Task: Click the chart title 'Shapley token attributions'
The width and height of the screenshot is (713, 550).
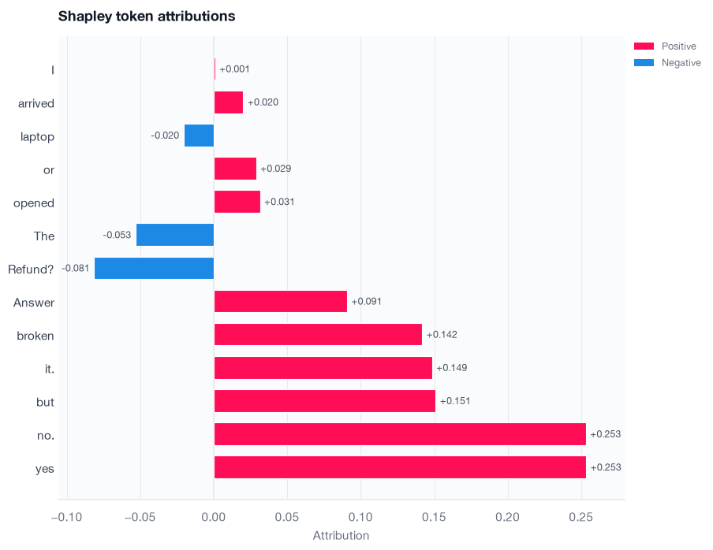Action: click(x=147, y=17)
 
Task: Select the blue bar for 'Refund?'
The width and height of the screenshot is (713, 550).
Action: click(x=154, y=268)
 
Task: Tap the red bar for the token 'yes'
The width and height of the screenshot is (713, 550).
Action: click(x=400, y=467)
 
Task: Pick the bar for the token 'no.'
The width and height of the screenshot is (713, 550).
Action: click(x=400, y=433)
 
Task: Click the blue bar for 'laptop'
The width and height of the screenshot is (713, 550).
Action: click(x=200, y=136)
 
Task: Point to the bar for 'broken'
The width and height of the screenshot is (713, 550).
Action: click(x=318, y=334)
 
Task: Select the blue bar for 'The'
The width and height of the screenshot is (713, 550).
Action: click(x=175, y=235)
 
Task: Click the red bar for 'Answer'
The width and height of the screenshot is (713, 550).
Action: click(x=281, y=301)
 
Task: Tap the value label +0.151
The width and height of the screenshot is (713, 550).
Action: click(x=455, y=401)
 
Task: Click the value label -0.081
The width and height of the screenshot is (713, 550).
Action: click(x=75, y=268)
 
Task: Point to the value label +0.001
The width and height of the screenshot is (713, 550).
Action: click(x=234, y=69)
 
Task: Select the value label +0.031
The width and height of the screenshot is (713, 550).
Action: click(x=279, y=202)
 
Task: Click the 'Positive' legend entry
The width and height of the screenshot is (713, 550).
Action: click(x=665, y=46)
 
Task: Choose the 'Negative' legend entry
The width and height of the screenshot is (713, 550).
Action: click(x=667, y=63)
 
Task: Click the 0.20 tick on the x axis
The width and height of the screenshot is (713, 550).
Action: click(x=507, y=517)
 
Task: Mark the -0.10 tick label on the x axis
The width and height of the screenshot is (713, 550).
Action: click(x=67, y=517)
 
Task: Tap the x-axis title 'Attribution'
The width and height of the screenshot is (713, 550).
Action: click(x=341, y=536)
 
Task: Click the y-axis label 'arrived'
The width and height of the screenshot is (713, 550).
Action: click(x=36, y=103)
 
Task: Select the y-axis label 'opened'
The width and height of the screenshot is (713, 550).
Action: click(x=34, y=203)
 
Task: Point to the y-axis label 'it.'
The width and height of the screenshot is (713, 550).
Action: click(x=50, y=369)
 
